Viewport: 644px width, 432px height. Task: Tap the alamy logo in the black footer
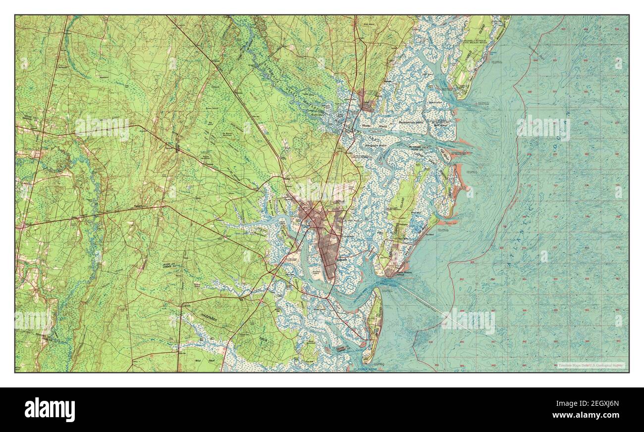click(x=50, y=410)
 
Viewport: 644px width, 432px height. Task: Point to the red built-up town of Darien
click(x=368, y=104)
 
